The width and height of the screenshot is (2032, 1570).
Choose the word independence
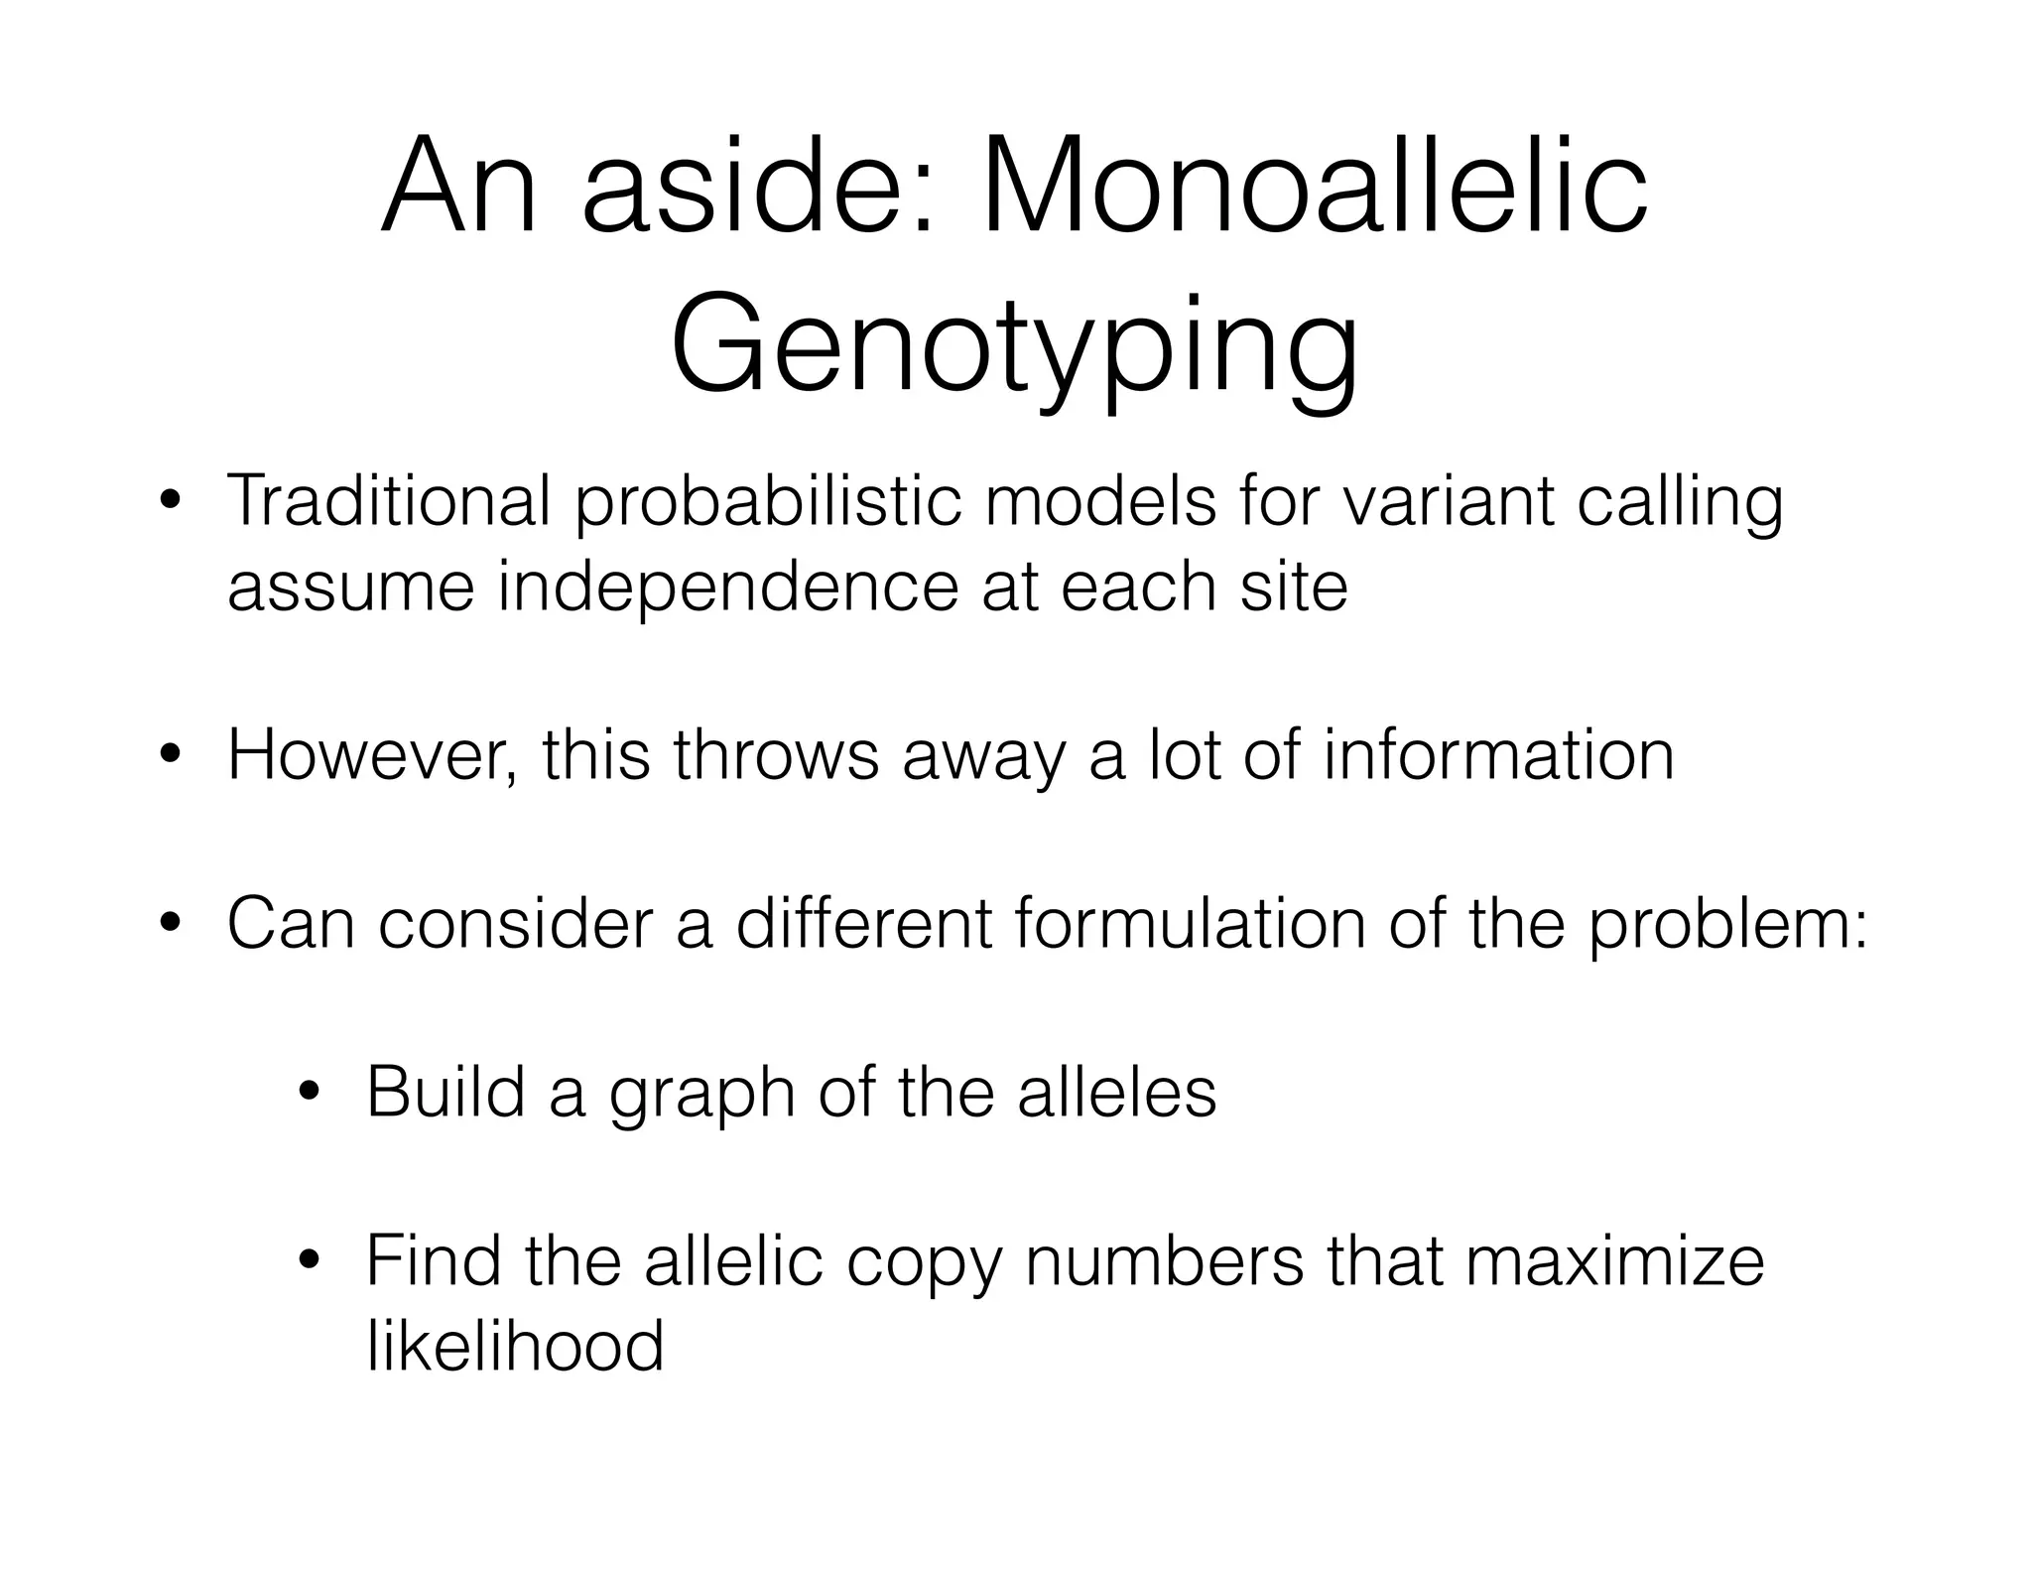[727, 588]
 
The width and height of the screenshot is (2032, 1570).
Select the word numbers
[1164, 1260]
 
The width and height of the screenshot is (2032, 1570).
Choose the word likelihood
[515, 1346]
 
